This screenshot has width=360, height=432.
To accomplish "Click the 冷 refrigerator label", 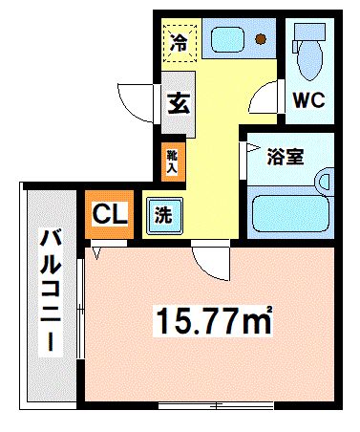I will pos(179,41).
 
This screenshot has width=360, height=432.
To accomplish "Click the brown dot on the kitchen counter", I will pos(261,39).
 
